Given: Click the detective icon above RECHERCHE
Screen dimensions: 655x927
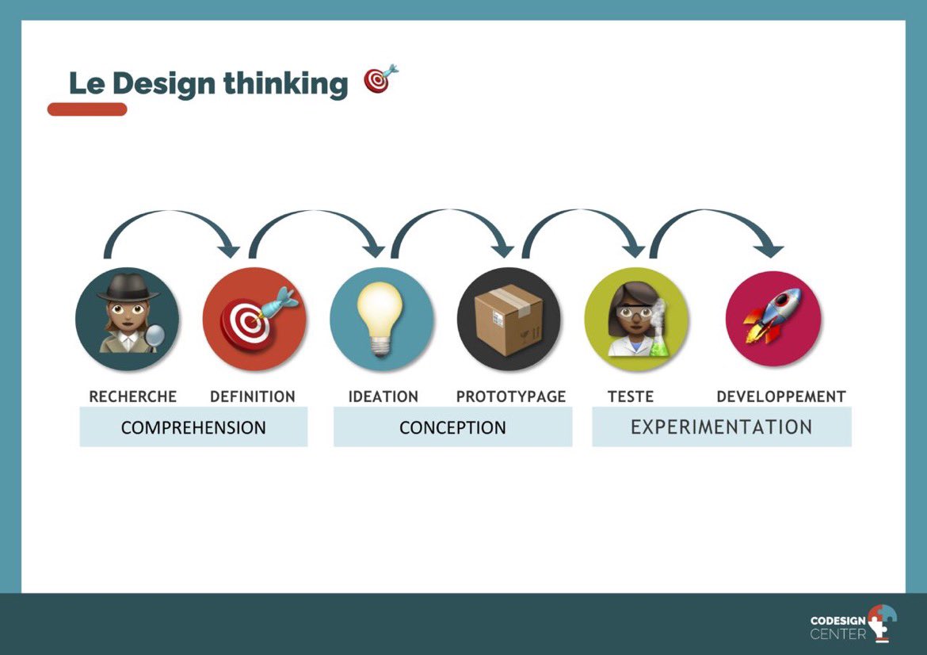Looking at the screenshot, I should [x=128, y=319].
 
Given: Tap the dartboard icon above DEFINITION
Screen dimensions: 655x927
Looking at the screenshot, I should [x=255, y=319].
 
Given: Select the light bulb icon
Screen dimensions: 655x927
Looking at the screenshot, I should [x=381, y=319].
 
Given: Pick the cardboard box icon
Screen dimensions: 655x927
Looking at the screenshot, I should [x=509, y=319].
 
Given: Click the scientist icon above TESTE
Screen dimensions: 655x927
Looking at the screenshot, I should [x=636, y=319].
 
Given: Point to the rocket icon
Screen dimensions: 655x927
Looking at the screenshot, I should [x=773, y=319].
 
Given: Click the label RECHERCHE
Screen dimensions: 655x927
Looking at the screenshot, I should [x=132, y=396].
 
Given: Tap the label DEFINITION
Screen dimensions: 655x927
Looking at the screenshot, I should [x=252, y=396].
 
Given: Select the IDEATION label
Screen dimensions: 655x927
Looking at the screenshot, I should [x=383, y=396].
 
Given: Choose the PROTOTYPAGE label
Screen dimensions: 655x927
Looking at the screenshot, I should [x=511, y=396].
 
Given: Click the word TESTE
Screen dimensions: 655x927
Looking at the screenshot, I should [x=631, y=396].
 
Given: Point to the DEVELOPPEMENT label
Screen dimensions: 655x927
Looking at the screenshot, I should [x=780, y=396].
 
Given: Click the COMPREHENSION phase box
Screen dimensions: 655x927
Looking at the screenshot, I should [x=193, y=427].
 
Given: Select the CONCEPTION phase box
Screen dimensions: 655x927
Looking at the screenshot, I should [x=452, y=427].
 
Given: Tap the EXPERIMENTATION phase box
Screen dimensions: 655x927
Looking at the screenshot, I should [x=721, y=427].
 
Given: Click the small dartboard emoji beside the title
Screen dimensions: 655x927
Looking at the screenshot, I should [x=380, y=79].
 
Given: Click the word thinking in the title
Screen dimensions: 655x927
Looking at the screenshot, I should [x=284, y=83].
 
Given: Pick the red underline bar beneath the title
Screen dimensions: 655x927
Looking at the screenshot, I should [x=87, y=109].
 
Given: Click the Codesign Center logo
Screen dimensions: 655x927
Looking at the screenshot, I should [x=853, y=624].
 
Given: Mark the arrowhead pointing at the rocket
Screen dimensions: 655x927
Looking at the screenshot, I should [x=768, y=251].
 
